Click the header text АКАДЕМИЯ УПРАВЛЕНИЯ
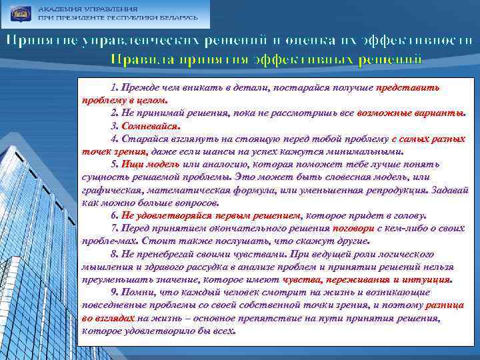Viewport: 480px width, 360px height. [88, 9]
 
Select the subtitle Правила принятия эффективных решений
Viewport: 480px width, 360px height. [266, 60]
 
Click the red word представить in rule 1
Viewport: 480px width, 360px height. [407, 87]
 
